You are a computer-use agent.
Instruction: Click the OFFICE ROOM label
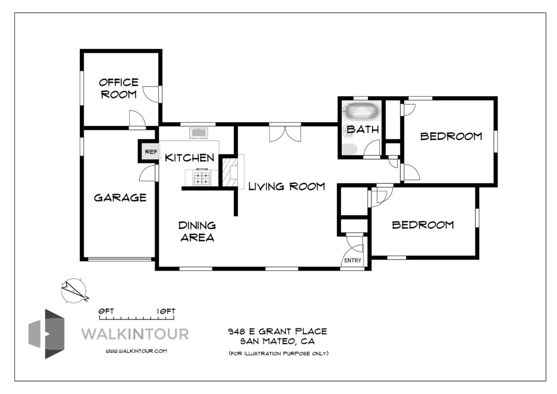pyautogui.click(x=119, y=88)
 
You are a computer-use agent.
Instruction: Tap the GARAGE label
pyautogui.click(x=120, y=198)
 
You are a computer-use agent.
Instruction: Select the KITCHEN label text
pyautogui.click(x=190, y=158)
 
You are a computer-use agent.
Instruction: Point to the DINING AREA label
pyautogui.click(x=197, y=231)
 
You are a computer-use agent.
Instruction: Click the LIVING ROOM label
pyautogui.click(x=287, y=186)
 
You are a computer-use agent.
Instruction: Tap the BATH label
pyautogui.click(x=363, y=129)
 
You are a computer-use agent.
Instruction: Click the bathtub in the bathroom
pyautogui.click(x=362, y=111)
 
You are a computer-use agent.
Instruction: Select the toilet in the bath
pyautogui.click(x=349, y=149)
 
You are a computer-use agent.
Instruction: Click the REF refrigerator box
pyautogui.click(x=151, y=151)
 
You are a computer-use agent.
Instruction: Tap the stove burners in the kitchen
pyautogui.click(x=202, y=178)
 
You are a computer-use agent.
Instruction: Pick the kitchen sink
pyautogui.click(x=198, y=133)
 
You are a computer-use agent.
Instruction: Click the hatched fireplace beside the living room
pyautogui.click(x=230, y=172)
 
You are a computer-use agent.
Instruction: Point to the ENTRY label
pyautogui.click(x=353, y=260)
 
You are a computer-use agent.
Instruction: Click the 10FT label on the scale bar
pyautogui.click(x=166, y=311)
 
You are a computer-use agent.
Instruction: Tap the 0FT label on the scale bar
pyautogui.click(x=106, y=311)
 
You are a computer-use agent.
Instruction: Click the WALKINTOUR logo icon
pyautogui.click(x=46, y=334)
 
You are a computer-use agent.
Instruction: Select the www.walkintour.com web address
pyautogui.click(x=136, y=351)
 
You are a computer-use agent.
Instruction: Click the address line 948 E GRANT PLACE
pyautogui.click(x=277, y=331)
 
